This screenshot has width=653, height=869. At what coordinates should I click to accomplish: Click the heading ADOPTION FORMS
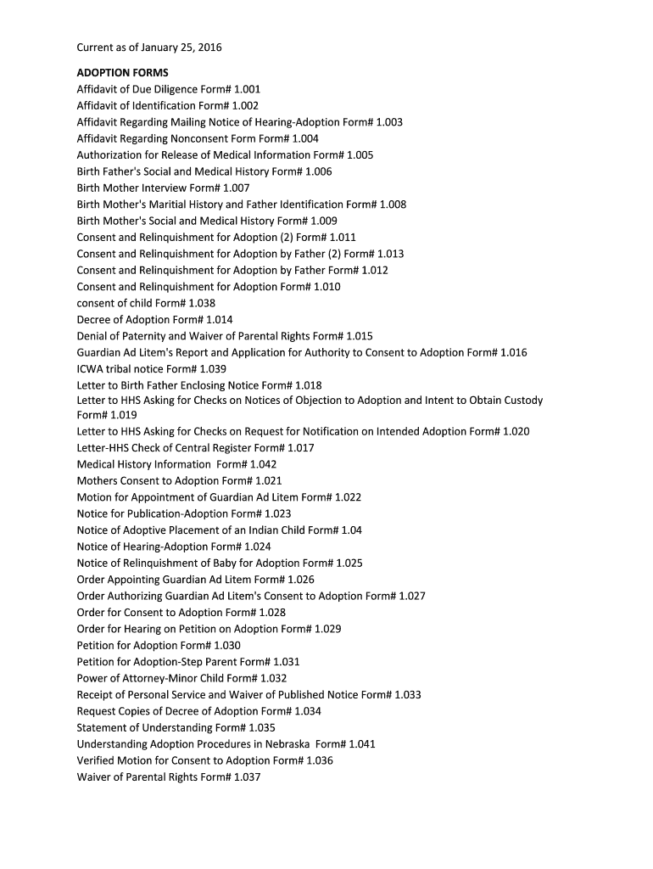click(x=122, y=72)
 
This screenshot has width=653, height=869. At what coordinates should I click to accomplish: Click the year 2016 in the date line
click(x=208, y=48)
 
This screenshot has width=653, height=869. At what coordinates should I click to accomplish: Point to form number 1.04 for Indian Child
click(x=351, y=530)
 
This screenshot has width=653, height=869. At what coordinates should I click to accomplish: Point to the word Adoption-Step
click(x=166, y=662)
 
